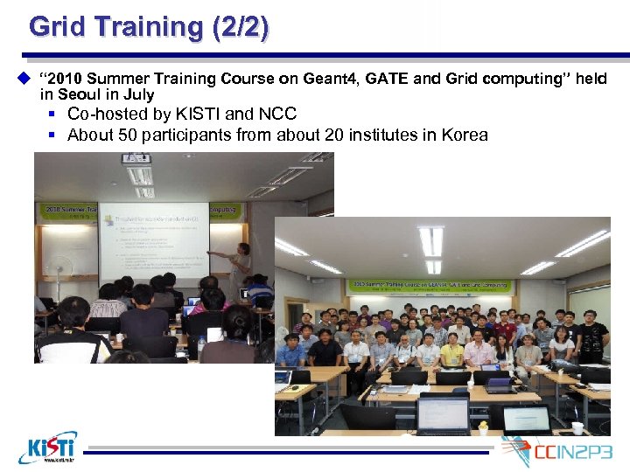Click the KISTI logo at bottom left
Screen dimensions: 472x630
tap(47, 447)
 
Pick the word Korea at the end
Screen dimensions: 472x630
tap(465, 135)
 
